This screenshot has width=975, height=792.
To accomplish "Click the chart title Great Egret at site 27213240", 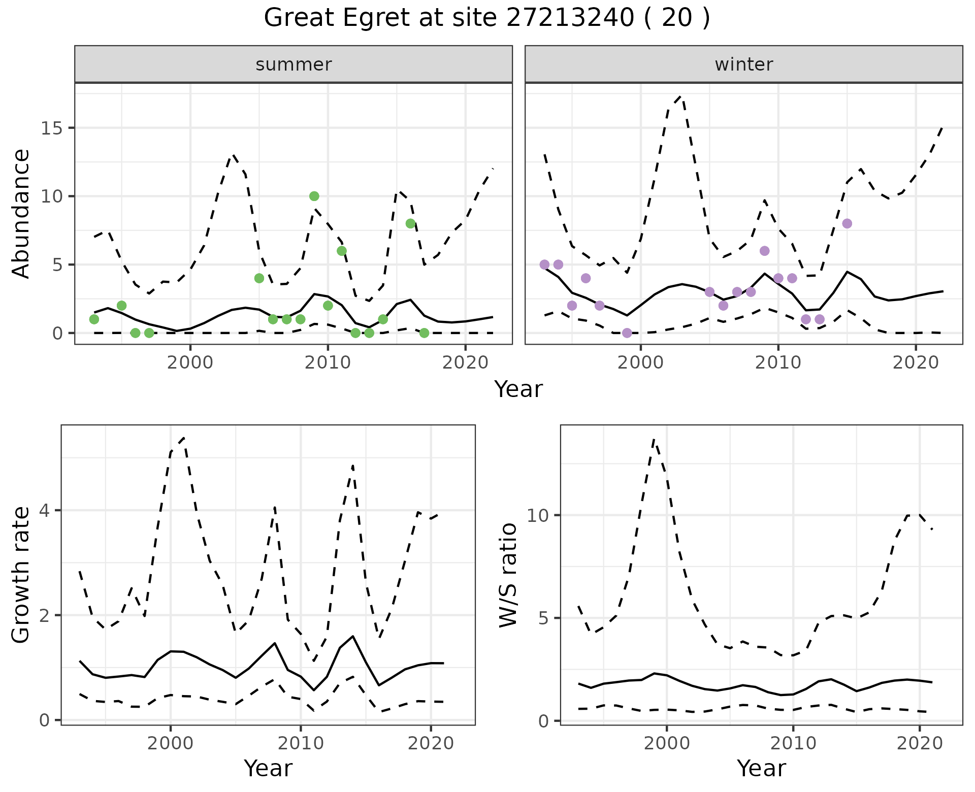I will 486,18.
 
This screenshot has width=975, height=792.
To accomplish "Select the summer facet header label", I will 294,64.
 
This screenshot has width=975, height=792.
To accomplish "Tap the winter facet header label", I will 743,64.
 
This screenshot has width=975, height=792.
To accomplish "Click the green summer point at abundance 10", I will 314,196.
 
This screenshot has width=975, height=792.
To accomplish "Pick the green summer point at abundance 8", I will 410,223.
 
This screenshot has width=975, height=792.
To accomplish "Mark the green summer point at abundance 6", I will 342,251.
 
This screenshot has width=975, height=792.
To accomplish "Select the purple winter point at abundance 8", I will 847,223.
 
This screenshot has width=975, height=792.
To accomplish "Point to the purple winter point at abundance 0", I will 627,333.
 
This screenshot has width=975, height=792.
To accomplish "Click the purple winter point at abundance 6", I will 764,251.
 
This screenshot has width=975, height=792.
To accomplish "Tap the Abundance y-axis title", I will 21,214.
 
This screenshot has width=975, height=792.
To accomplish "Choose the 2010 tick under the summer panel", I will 328,362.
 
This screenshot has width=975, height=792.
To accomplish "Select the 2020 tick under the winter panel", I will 916,362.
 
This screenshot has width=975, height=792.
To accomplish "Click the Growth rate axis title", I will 21,575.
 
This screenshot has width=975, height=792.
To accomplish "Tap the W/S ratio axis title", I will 508,575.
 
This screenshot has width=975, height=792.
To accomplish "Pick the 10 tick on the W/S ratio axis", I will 538,516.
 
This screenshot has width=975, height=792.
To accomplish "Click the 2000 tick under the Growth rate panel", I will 171,743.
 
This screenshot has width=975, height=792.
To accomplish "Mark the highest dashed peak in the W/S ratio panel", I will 655,440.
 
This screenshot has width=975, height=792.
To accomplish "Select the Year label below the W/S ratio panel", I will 761,768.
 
